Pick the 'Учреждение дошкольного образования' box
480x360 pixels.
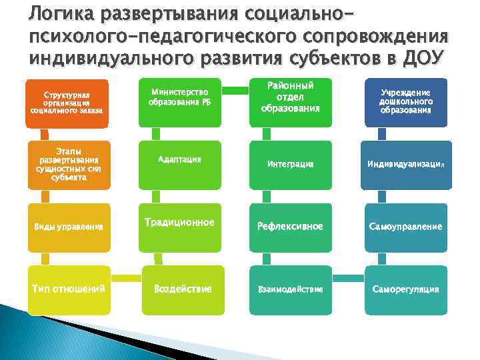[x=406, y=102]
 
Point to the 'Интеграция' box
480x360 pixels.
[x=290, y=164]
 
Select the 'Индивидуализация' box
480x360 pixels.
[x=406, y=164]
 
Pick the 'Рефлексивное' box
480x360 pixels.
[x=290, y=227]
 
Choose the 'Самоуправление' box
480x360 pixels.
[x=406, y=227]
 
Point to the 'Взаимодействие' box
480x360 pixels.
[x=290, y=289]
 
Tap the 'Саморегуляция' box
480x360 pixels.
[x=406, y=289]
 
